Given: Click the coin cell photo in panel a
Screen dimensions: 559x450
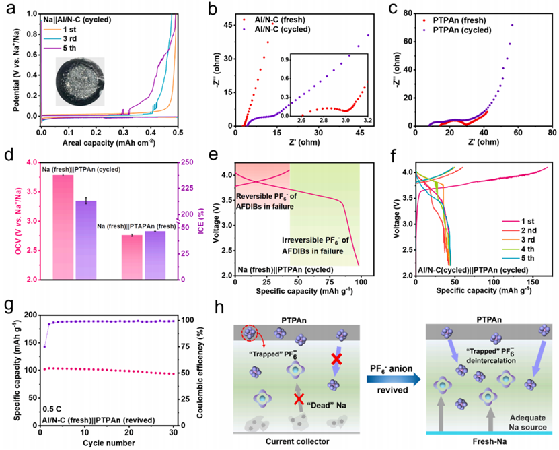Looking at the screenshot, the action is click(x=80, y=82).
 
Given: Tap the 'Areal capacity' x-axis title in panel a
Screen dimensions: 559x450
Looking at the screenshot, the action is click(x=109, y=143).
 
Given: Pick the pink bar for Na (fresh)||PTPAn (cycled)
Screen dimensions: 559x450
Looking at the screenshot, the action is click(x=63, y=227).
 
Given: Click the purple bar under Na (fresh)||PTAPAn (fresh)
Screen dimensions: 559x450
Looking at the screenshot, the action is click(x=155, y=255).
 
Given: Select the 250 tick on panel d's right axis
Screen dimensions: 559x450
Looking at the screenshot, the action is click(x=188, y=162).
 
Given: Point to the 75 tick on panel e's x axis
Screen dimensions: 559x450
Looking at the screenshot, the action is click(x=330, y=282).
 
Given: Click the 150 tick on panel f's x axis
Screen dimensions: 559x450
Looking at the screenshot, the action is click(x=533, y=282).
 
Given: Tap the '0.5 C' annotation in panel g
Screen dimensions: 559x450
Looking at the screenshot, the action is click(x=52, y=409).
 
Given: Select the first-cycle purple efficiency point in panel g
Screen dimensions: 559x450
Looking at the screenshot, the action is click(x=44, y=347).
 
